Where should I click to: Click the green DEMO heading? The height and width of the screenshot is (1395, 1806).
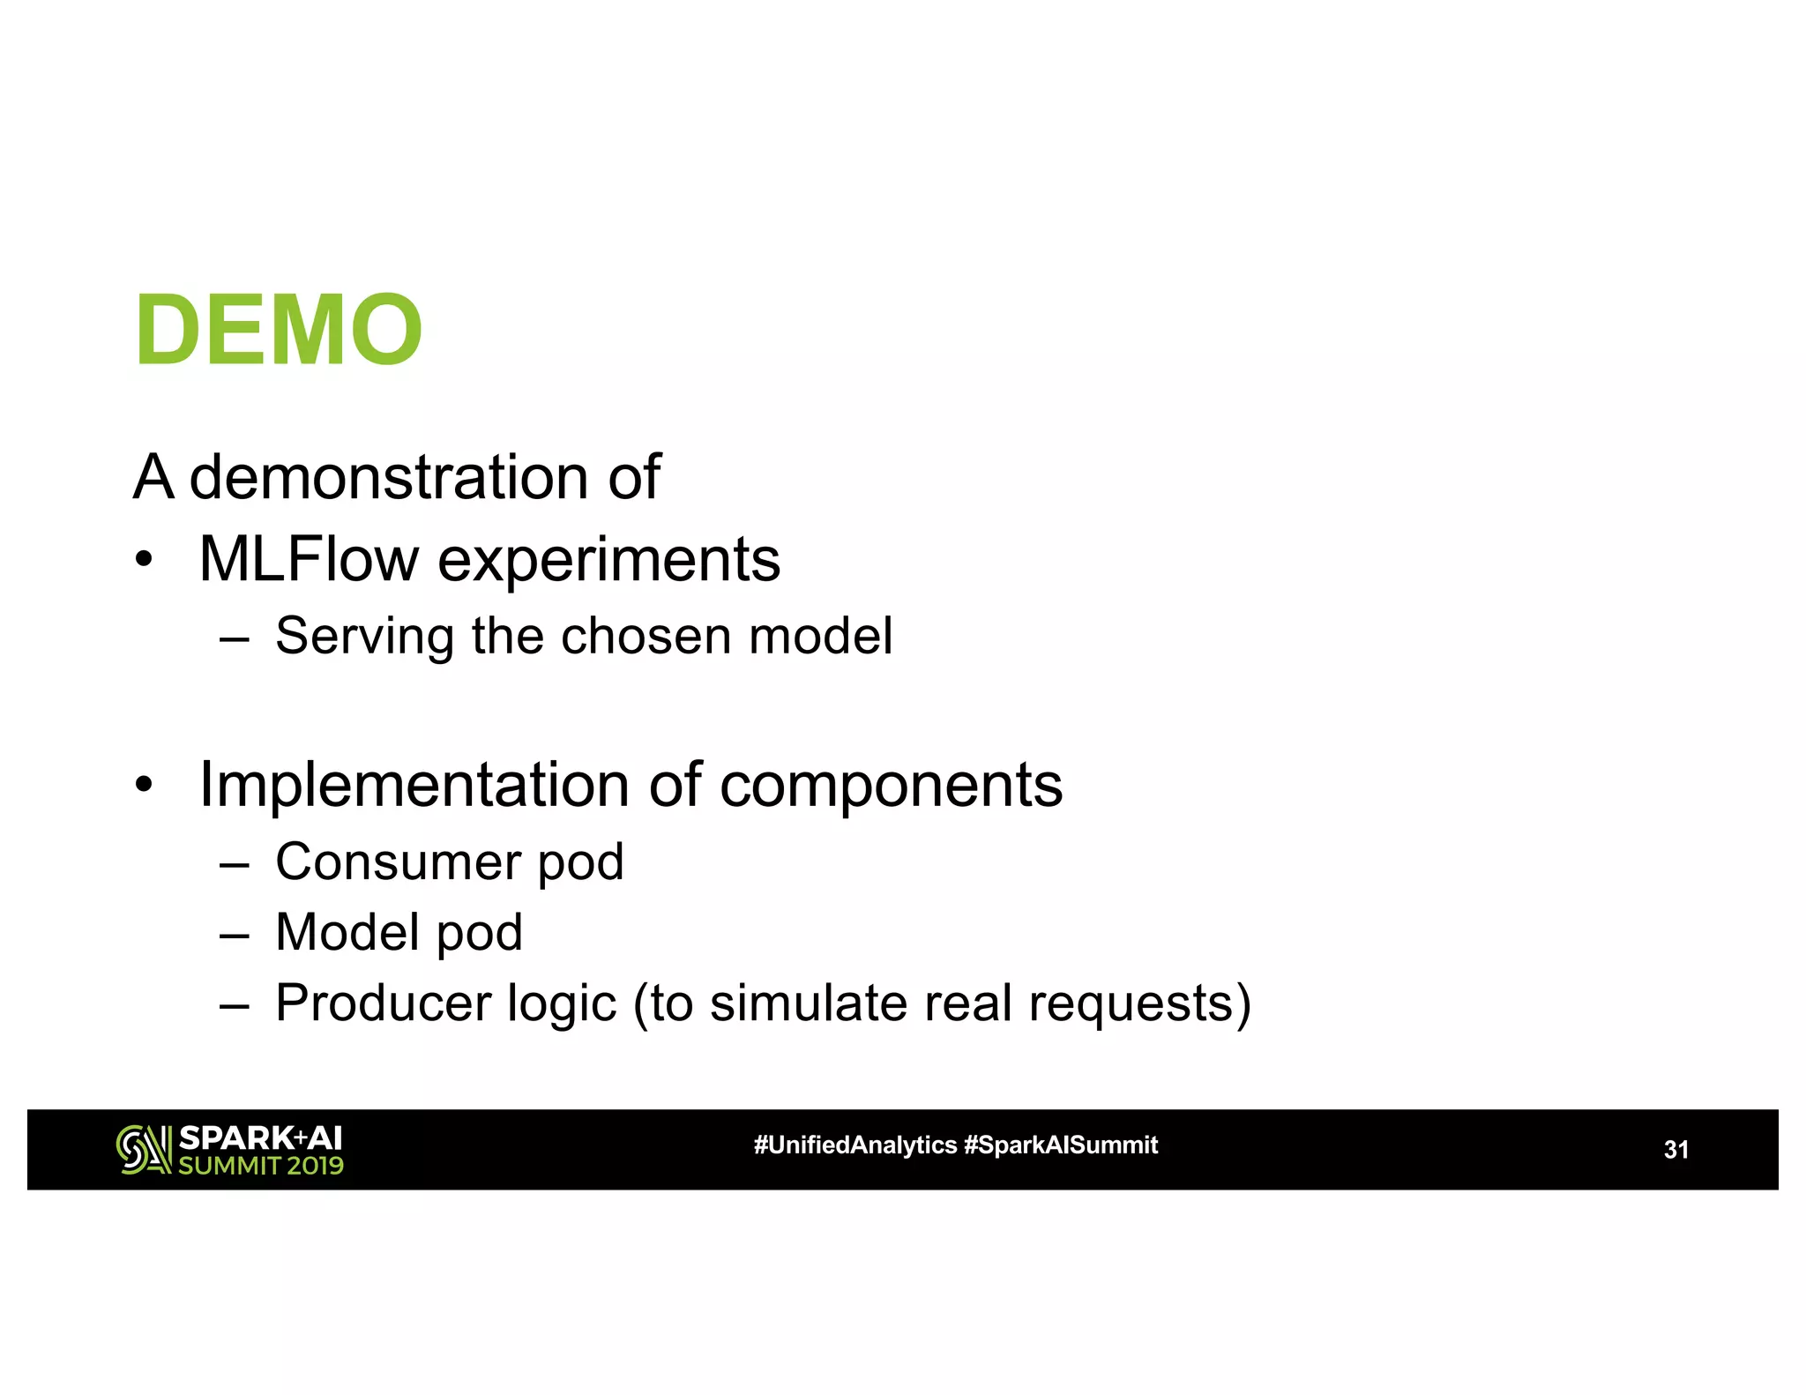point(279,330)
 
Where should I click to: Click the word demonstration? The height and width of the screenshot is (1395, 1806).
point(389,477)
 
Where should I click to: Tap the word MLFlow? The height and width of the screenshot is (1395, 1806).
point(309,559)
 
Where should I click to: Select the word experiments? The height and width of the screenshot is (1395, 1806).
point(608,561)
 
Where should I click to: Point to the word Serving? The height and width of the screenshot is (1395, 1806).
point(365,637)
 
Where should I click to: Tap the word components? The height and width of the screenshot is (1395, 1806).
point(891,786)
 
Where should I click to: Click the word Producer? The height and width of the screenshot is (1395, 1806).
point(383,1003)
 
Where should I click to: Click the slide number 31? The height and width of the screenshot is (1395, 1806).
point(1675,1150)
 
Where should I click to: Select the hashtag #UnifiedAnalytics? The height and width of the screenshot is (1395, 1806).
point(854,1145)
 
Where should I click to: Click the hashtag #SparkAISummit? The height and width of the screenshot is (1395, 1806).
point(1061,1145)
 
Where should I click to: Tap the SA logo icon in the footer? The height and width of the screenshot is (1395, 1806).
point(143,1150)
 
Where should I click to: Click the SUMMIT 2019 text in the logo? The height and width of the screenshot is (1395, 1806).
point(261,1166)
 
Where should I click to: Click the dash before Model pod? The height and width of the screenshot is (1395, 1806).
point(235,934)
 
